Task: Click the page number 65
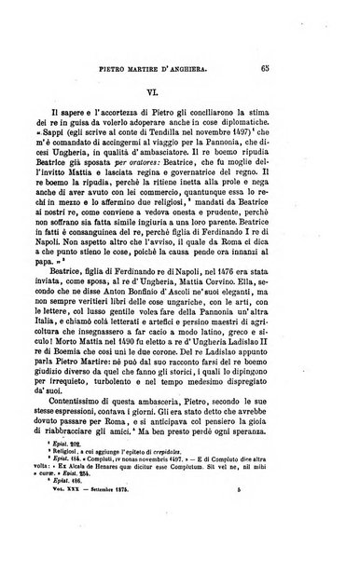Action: pyautogui.click(x=318, y=68)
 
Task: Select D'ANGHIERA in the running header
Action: pyautogui.click(x=238, y=68)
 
